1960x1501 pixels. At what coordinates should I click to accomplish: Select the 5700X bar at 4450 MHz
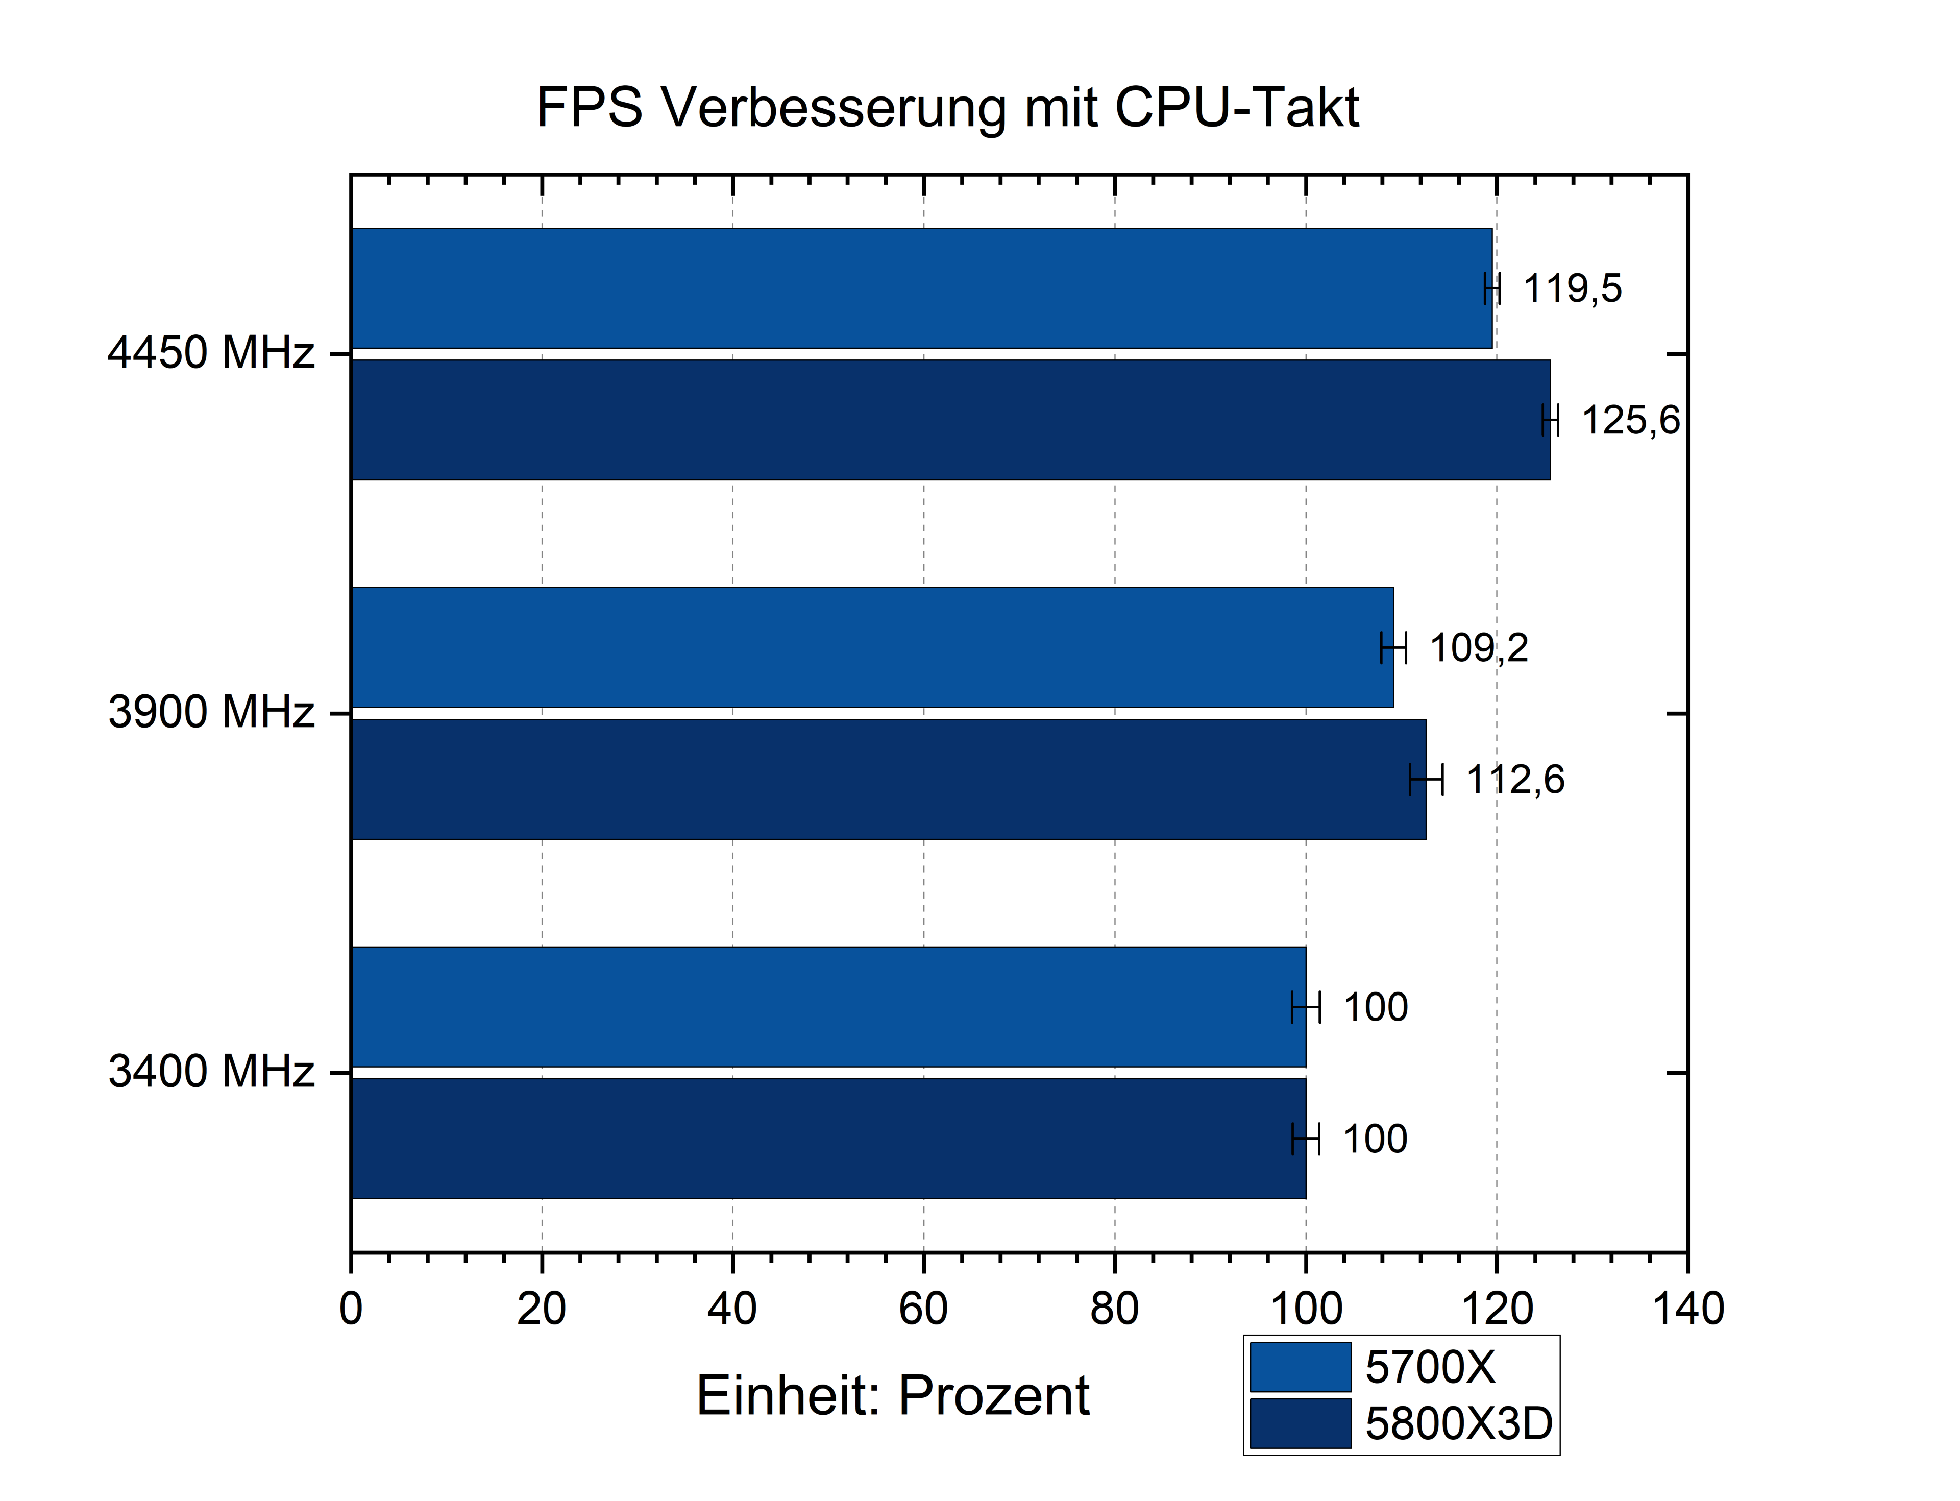[x=920, y=288]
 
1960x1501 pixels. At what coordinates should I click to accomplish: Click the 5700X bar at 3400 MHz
[x=827, y=1007]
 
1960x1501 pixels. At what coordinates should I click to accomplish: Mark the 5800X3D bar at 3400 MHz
[x=827, y=1139]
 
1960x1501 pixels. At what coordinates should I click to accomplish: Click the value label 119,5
[x=1572, y=288]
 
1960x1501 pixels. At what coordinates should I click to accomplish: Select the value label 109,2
[x=1479, y=648]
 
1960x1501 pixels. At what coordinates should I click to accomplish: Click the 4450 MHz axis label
[x=211, y=353]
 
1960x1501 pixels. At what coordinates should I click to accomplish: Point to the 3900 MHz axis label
[x=211, y=712]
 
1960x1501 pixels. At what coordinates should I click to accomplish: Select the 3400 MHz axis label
[x=211, y=1071]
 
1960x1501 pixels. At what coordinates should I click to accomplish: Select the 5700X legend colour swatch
[x=1300, y=1367]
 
